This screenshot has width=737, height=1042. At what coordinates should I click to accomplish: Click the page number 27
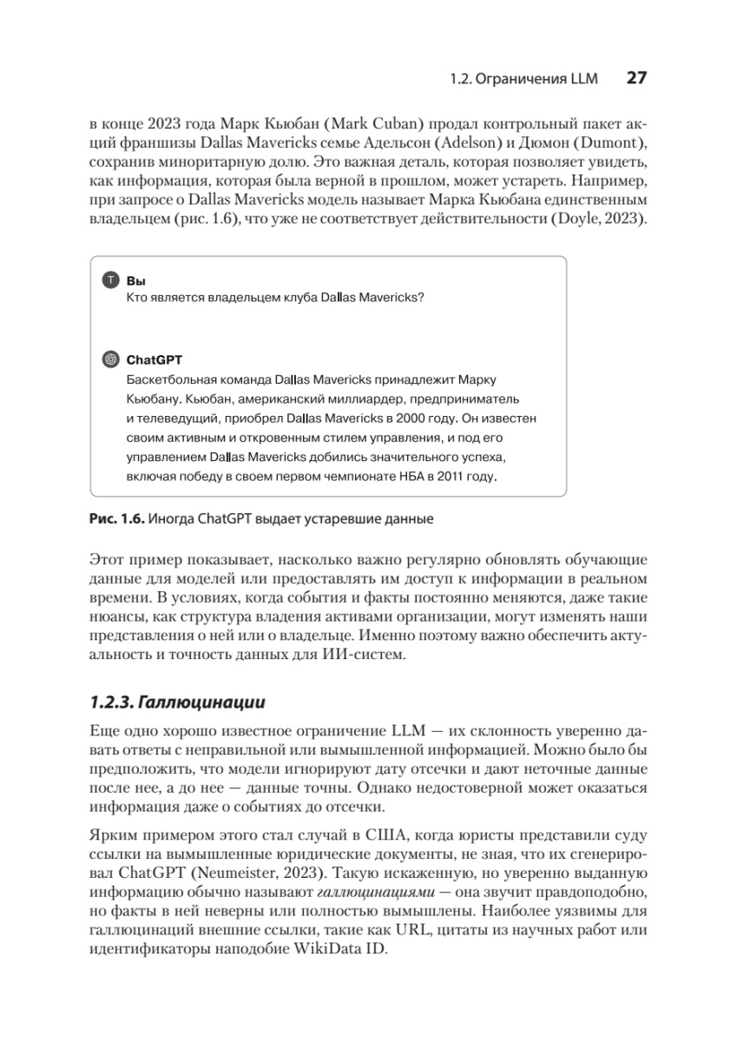click(636, 78)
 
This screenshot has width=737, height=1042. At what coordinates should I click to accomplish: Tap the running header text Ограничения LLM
click(536, 79)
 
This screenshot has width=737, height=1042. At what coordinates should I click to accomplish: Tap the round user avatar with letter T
click(110, 280)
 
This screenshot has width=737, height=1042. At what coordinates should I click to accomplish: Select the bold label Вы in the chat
click(135, 281)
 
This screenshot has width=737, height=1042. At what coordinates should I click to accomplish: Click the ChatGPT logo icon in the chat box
click(110, 359)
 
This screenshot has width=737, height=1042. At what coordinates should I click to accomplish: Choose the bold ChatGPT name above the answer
click(155, 359)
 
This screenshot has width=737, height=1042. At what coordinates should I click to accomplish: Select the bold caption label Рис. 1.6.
click(116, 520)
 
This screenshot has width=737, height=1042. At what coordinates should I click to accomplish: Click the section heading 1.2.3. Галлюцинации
click(178, 701)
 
